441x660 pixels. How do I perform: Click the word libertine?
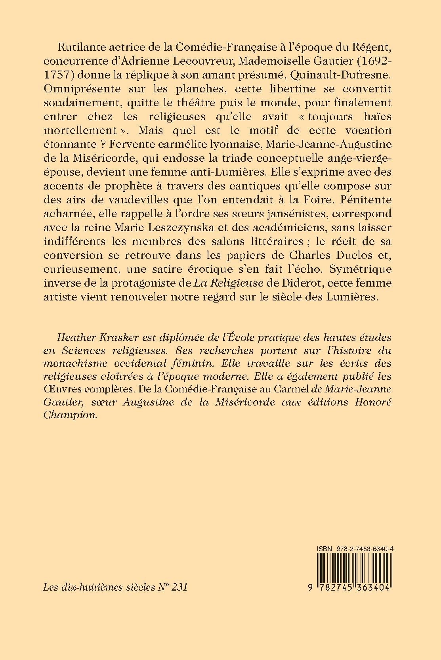pyautogui.click(x=275, y=89)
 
